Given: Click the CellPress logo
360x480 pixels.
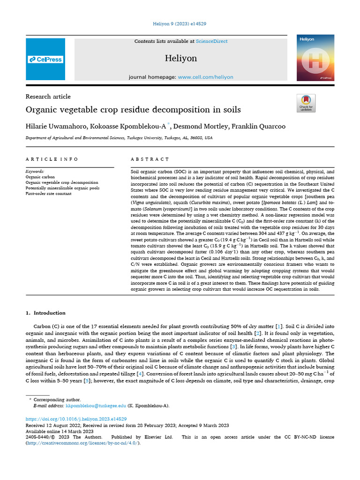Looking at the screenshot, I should tap(45, 60).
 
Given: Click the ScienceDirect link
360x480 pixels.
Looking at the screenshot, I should tap(211, 41).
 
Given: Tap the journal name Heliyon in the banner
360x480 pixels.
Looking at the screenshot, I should tap(181, 59).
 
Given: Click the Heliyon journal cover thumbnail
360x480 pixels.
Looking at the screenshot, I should tap(315, 60).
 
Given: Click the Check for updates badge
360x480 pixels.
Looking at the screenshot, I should tap(306, 103).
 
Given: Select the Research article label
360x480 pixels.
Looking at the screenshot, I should tap(48, 97).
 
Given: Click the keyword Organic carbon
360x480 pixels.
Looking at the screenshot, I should tap(40, 177).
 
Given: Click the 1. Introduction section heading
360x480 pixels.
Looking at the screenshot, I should tap(45, 313).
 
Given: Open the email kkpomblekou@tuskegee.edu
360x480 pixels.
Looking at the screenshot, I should tap(96, 405).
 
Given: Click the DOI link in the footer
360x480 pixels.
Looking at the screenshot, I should tap(75, 419).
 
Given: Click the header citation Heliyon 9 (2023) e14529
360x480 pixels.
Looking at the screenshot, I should tap(180, 23).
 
